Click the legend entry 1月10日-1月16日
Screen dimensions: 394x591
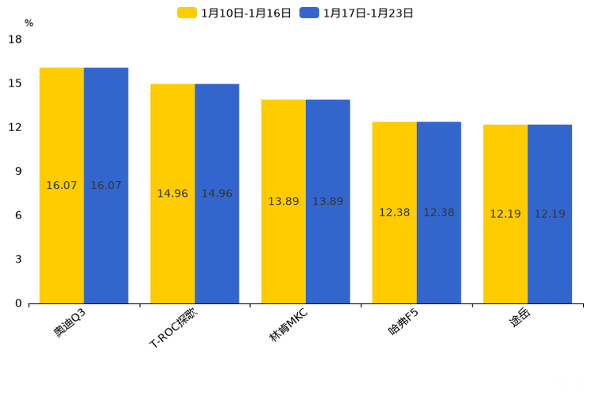coord(235,13)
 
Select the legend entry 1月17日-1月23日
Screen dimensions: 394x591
coord(357,13)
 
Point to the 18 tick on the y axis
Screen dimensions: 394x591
coord(15,39)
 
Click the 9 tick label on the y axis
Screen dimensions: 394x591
coord(18,172)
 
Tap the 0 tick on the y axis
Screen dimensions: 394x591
coord(18,303)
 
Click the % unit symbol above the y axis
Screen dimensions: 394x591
coord(29,24)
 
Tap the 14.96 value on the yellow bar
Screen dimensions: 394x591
coord(172,194)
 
